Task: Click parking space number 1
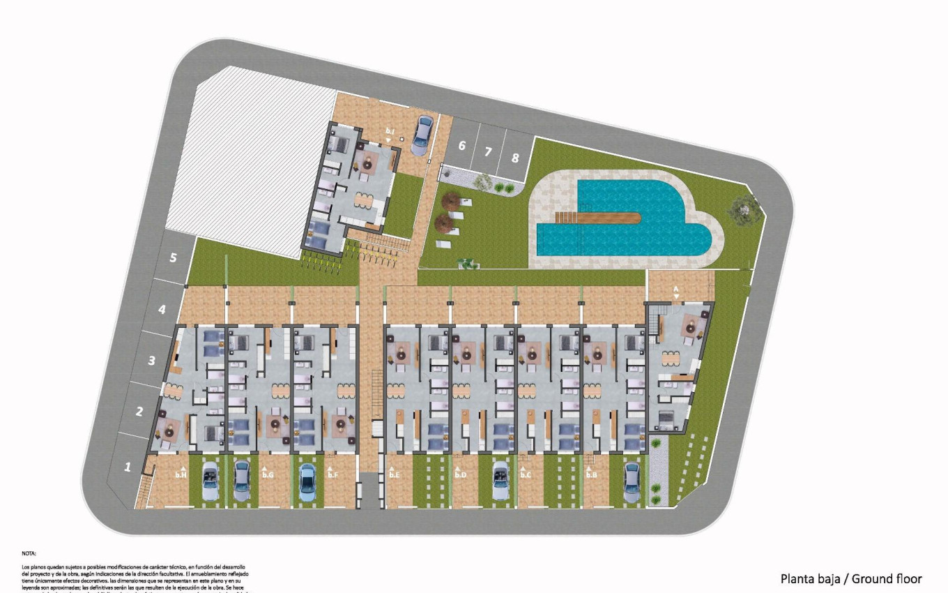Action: point(128,467)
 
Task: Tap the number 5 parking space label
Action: point(174,257)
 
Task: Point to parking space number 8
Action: point(515,158)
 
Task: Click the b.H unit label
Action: point(181,474)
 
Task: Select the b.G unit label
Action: point(268,474)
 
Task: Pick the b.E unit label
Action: point(395,474)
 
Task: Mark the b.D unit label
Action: point(460,474)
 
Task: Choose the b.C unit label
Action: point(526,474)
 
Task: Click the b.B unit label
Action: point(591,474)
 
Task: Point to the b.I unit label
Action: point(390,131)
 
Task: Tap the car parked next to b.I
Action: point(422,136)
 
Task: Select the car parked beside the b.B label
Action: point(632,482)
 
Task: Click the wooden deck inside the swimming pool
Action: point(599,219)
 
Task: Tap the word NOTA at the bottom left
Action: point(29,553)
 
